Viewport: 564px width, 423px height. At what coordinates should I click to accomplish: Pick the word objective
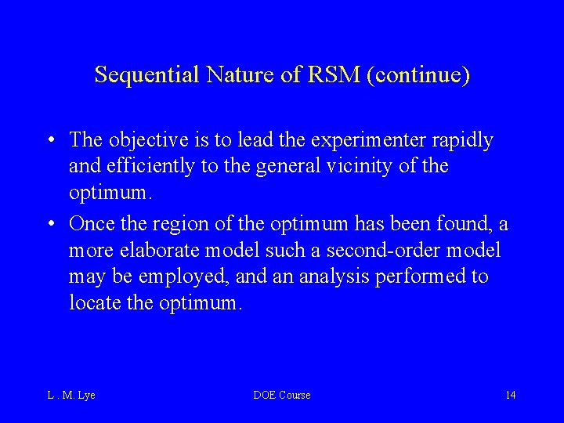click(147, 140)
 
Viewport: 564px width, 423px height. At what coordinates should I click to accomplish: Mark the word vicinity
click(379, 166)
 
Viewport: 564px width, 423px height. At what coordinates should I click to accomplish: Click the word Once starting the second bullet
click(92, 224)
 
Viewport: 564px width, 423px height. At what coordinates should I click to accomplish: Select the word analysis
click(343, 277)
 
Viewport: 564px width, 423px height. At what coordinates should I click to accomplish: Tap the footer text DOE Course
click(282, 395)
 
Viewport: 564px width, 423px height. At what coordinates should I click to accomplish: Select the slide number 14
click(510, 395)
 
